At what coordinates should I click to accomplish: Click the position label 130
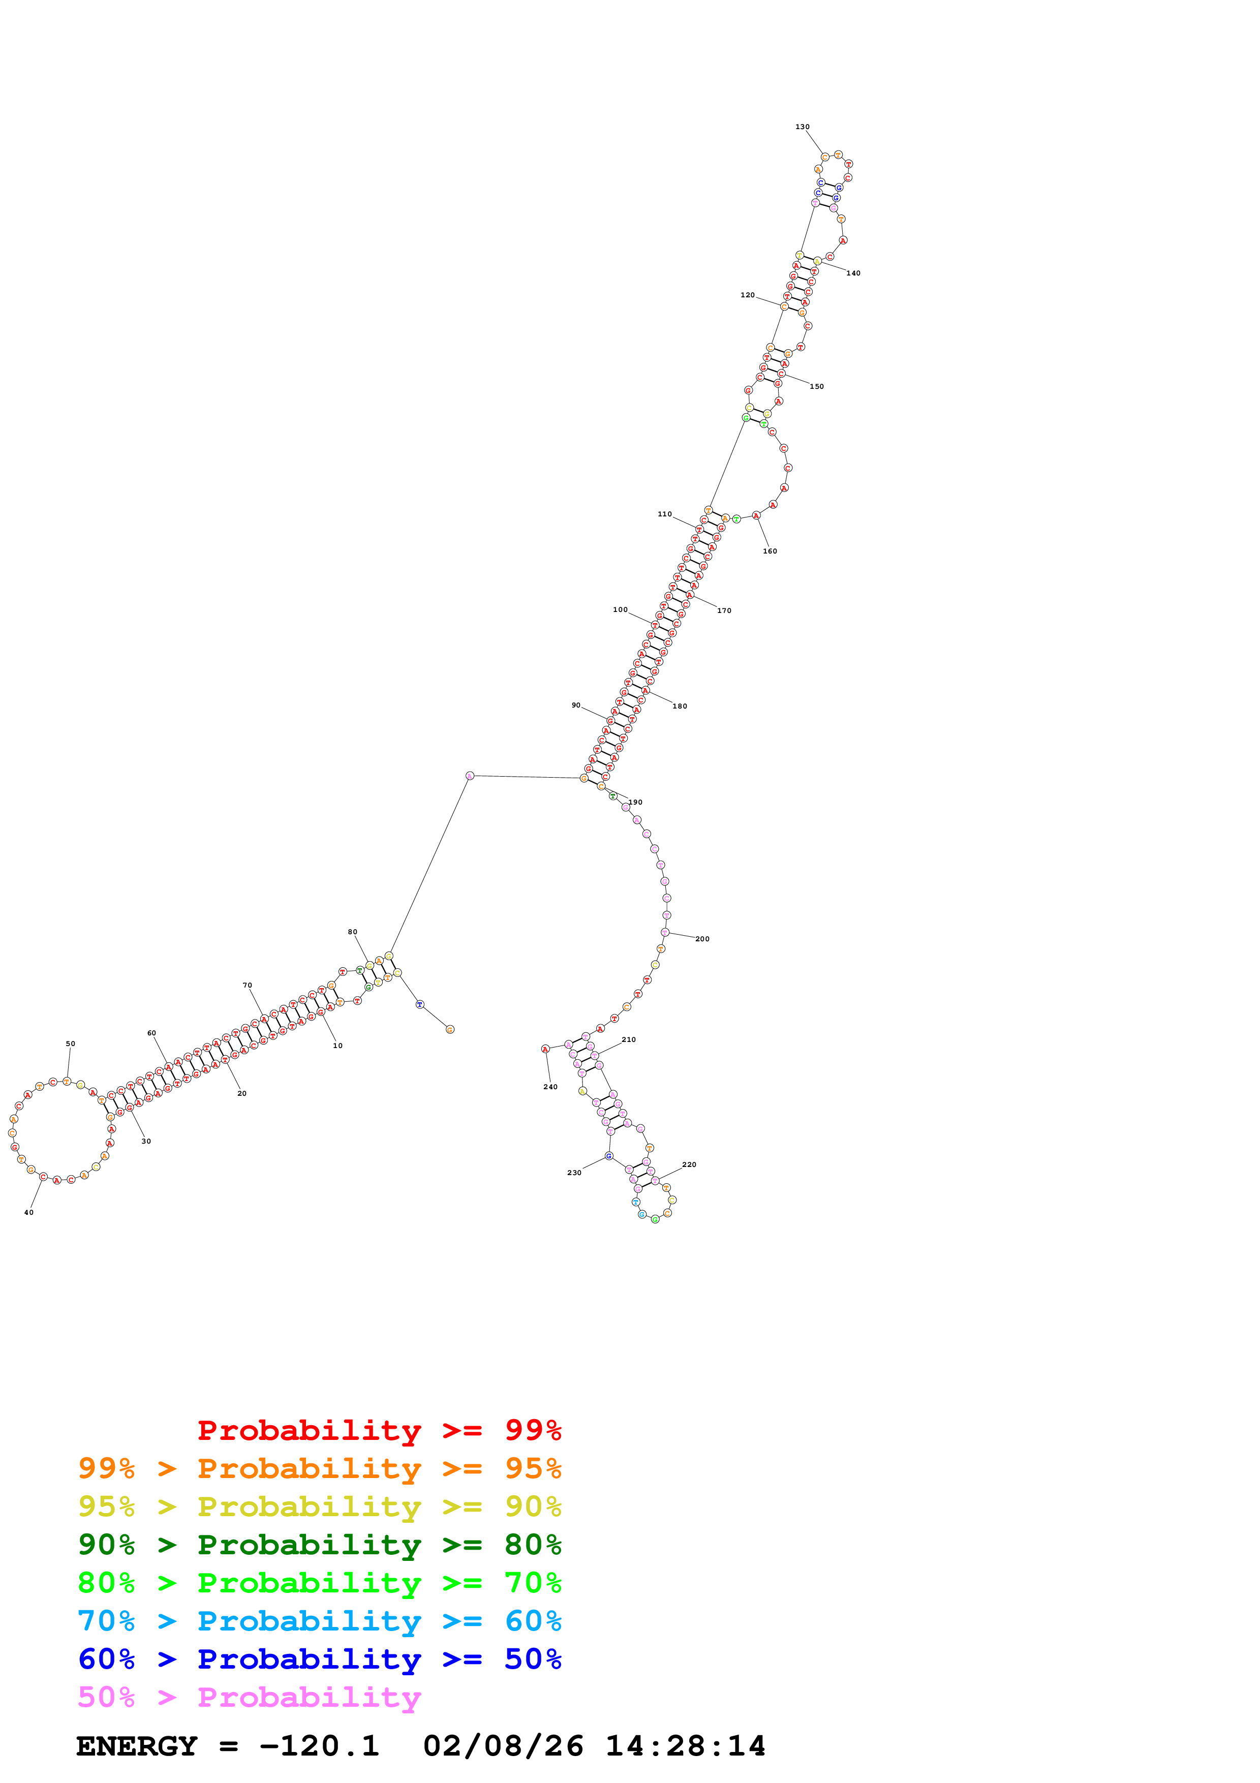802,127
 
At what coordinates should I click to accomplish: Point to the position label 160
770,551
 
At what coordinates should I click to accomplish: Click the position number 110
664,514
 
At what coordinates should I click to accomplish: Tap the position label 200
702,939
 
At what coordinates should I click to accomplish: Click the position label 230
574,1173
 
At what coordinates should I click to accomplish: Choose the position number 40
29,1212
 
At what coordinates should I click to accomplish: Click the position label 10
337,1046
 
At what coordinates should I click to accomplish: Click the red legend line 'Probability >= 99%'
379,1430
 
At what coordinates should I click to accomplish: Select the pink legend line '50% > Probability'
249,1698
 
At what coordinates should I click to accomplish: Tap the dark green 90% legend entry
319,1545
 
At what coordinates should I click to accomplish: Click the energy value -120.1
319,1746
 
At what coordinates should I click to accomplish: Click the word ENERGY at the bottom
137,1746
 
